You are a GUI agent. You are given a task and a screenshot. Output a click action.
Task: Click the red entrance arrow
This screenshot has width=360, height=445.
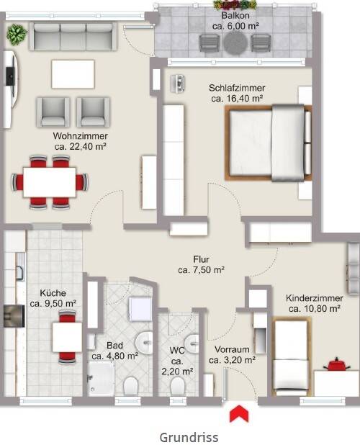coord(239,413)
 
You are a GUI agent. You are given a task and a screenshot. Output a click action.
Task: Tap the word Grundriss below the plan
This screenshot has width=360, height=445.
coord(189,437)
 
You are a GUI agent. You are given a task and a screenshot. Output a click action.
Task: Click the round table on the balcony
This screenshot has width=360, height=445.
coord(235,43)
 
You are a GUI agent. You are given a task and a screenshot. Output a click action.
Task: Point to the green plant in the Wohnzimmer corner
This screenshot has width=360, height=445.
coord(17,34)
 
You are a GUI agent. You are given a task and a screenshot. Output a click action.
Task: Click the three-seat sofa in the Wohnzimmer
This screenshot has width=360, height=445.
coord(73,37)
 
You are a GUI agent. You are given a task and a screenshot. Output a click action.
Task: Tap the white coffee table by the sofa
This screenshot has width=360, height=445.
coord(73,74)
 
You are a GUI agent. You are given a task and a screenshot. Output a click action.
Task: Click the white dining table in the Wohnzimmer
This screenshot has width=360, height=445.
coord(50,182)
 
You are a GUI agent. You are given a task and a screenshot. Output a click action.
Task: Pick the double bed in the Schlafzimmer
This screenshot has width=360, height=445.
coord(268,143)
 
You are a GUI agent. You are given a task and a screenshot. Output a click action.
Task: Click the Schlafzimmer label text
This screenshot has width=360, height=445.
coord(237,88)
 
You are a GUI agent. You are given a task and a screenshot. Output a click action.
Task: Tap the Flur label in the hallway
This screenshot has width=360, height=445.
coord(201,259)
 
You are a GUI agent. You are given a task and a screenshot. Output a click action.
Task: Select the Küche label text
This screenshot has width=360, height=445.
coord(53,293)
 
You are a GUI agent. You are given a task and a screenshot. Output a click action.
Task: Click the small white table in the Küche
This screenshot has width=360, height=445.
coord(67,337)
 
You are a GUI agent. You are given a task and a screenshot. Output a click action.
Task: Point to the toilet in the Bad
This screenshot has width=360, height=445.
coord(131,385)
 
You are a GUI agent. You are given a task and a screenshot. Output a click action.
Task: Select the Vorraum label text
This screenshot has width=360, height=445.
coord(232,349)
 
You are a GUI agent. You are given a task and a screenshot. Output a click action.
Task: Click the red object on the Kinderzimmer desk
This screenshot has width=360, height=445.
coord(336,364)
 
